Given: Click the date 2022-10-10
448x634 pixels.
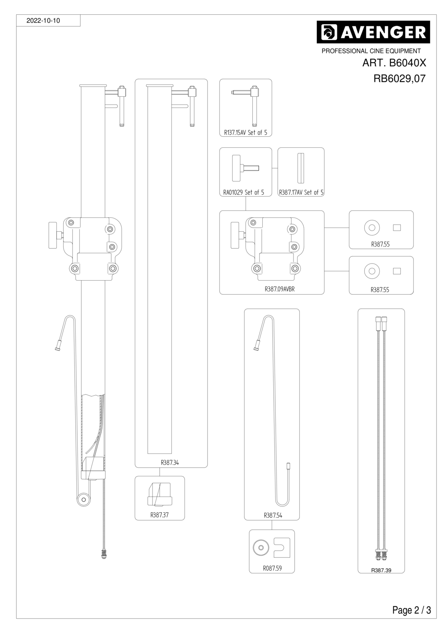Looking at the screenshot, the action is coord(43,21).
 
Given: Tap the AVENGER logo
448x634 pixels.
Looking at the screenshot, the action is coord(373,32).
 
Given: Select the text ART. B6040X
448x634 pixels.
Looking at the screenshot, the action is coord(394,63).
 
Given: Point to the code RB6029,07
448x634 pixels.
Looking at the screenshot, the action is coord(399,78).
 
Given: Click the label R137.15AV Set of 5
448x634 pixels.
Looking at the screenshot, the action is coord(245,132).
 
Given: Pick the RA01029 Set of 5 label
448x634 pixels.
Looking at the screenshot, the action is coord(243,193).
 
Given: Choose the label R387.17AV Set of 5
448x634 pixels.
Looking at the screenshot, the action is coord(301,193).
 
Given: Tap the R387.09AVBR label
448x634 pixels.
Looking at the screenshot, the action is coord(279,289).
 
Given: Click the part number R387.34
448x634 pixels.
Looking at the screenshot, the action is coord(170,462).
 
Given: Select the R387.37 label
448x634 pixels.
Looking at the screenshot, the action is coord(159,515).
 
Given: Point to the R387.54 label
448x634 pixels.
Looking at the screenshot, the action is coord(273,516).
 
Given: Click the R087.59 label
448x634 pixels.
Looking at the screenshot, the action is coord(272,568).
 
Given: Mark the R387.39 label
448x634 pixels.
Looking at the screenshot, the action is coord(381,570).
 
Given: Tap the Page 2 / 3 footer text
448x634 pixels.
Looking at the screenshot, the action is coord(412,610).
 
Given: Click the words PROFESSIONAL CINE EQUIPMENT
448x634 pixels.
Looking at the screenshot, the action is coord(371,51).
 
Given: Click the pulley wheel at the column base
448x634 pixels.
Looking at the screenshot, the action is coord(84,500).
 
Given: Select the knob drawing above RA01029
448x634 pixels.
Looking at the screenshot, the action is coord(245,168).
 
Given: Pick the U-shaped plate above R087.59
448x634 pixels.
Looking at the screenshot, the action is coord(282,547).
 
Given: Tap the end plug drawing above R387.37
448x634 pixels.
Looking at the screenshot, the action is coord(160,494).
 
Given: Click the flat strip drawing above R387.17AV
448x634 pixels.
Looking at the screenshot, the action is coord(301,168).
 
